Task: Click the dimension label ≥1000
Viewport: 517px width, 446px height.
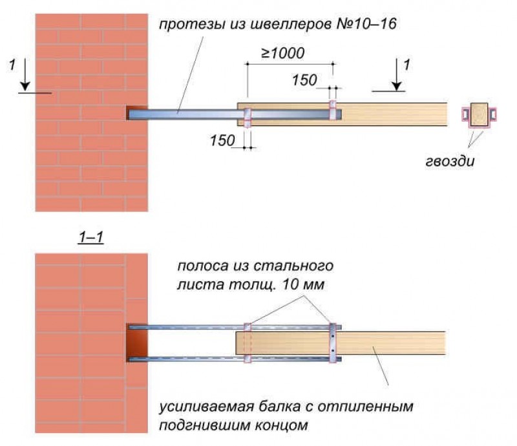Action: pos(283,53)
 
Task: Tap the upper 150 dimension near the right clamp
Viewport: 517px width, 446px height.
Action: pos(304,80)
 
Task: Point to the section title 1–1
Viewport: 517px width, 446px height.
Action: pos(90,238)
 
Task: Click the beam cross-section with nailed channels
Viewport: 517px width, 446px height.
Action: pos(479,114)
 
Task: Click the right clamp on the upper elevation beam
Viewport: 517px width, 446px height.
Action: pos(333,111)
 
